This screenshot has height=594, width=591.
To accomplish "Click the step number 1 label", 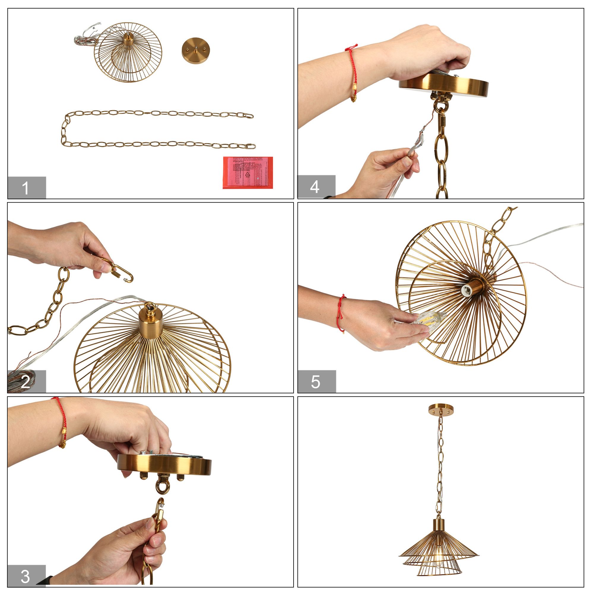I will pyautogui.click(x=26, y=188).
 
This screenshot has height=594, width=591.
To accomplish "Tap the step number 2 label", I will pyautogui.click(x=26, y=382).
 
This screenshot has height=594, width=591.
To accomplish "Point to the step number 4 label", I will pyautogui.click(x=316, y=187).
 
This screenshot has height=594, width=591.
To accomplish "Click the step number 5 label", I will pyautogui.click(x=316, y=382).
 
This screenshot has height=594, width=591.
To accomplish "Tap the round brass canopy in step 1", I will pyautogui.click(x=195, y=50).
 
